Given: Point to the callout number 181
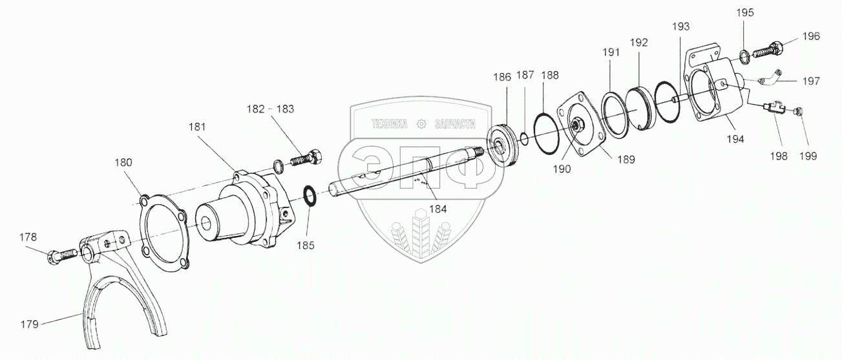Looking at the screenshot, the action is tap(197, 127).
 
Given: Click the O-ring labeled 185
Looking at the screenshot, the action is tap(310, 195).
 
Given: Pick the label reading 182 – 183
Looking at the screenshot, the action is tap(270, 109).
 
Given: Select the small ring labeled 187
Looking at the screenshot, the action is tap(525, 138).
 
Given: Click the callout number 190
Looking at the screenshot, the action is tap(562, 169).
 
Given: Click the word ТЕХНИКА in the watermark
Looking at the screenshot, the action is tap(388, 124).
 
